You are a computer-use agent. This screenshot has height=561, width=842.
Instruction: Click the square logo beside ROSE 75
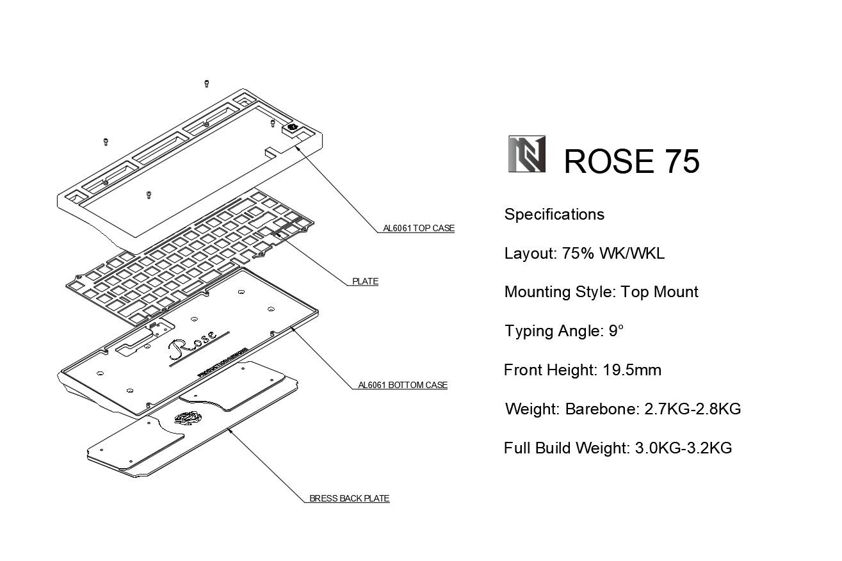click(527, 154)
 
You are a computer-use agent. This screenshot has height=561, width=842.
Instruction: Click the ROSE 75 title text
click(631, 161)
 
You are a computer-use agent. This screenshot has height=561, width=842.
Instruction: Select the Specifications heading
click(554, 215)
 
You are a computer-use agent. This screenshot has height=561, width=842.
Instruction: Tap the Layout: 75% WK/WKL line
click(584, 254)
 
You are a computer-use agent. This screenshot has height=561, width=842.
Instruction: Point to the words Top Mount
click(660, 293)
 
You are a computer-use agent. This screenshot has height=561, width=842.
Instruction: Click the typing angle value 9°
click(616, 331)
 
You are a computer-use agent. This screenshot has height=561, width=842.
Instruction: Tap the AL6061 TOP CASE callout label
click(419, 229)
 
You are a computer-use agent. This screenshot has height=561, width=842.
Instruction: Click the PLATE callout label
click(365, 282)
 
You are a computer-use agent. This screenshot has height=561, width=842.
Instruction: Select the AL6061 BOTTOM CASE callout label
click(402, 386)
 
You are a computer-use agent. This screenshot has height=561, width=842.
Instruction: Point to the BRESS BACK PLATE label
click(349, 499)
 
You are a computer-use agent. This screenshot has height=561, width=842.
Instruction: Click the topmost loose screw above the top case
click(207, 83)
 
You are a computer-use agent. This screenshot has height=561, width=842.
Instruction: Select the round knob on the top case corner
click(293, 127)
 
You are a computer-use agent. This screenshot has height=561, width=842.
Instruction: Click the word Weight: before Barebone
click(531, 409)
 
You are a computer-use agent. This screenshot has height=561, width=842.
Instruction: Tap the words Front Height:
click(551, 370)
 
